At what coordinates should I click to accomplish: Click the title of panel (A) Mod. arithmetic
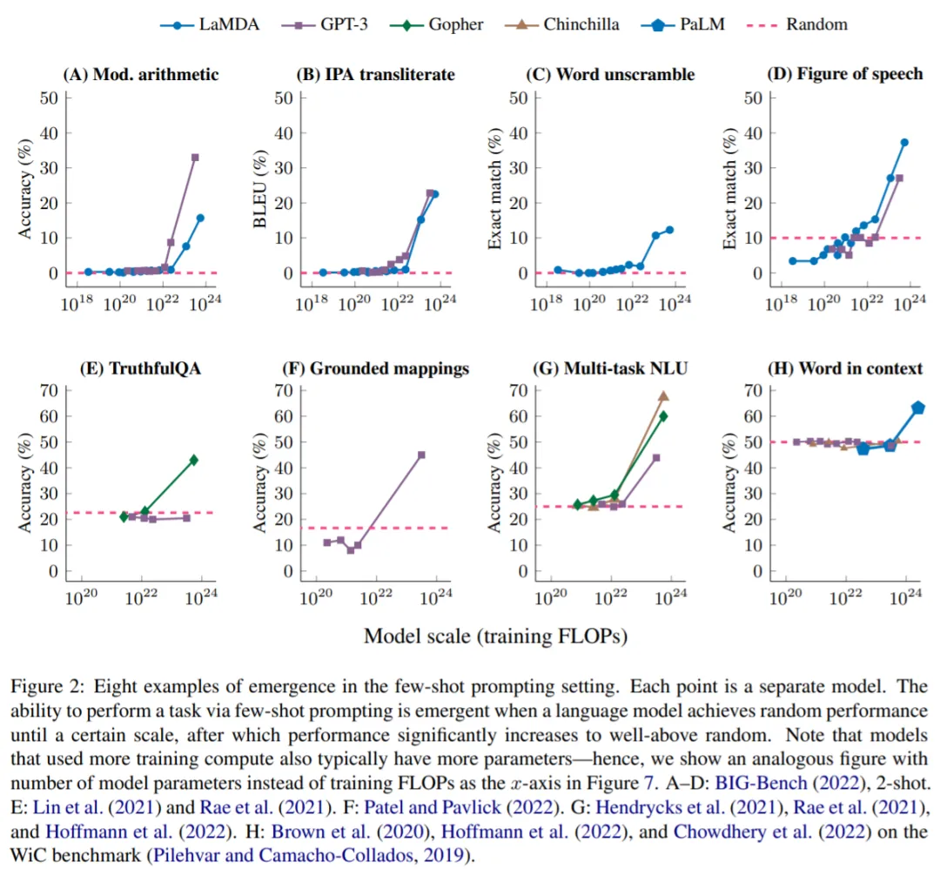click(141, 74)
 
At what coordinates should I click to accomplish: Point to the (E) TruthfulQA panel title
click(141, 368)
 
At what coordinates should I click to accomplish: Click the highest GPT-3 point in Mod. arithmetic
click(195, 158)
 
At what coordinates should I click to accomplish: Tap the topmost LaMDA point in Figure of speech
click(904, 142)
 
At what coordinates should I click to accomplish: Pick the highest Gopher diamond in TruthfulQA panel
click(193, 460)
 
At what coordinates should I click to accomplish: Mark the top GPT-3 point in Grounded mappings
click(421, 455)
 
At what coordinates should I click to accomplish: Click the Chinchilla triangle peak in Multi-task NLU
click(663, 396)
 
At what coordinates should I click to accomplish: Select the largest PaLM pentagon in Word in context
click(917, 408)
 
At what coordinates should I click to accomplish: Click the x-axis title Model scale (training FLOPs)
click(495, 636)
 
